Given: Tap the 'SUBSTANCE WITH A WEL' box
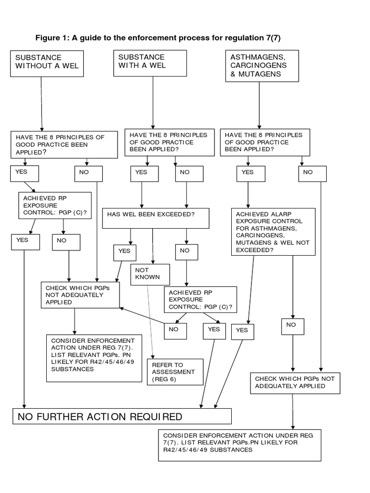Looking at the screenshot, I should pyautogui.click(x=150, y=62).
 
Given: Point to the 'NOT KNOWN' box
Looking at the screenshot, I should pyautogui.click(x=150, y=274).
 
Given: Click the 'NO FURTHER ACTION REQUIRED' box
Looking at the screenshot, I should pyautogui.click(x=122, y=416).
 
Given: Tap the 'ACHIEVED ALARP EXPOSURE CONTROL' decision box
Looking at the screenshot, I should pyautogui.click(x=274, y=231).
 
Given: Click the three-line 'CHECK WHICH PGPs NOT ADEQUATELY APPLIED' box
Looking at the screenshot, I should pyautogui.click(x=80, y=295).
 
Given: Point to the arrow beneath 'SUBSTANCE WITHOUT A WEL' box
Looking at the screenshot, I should pyautogui.click(x=42, y=104).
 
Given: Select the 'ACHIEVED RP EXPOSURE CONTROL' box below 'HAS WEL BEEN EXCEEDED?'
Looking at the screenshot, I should pyautogui.click(x=200, y=300).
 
